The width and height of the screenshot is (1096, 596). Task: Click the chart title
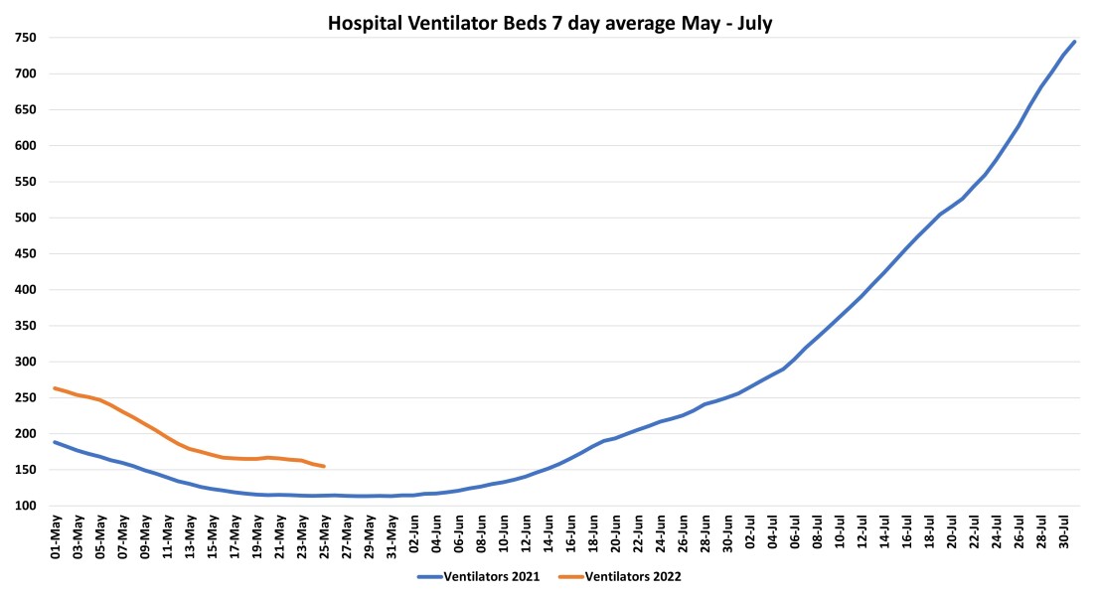coord(549,24)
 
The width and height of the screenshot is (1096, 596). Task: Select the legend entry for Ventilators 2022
coord(633,576)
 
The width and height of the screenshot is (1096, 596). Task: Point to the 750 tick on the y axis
coord(25,38)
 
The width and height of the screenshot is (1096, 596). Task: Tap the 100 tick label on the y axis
coord(25,506)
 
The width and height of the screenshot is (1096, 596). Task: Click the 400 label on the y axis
coord(25,290)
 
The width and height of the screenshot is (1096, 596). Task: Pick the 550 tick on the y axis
coord(25,182)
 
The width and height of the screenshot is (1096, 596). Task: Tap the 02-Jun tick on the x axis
coord(414,536)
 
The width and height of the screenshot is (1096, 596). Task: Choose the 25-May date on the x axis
coord(325,536)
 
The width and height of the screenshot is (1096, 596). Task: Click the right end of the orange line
coord(324,466)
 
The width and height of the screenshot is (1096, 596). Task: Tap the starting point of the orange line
coord(55,388)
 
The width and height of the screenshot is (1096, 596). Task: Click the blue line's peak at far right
coord(1074,42)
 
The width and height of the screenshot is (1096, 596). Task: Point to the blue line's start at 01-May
coord(55,442)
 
